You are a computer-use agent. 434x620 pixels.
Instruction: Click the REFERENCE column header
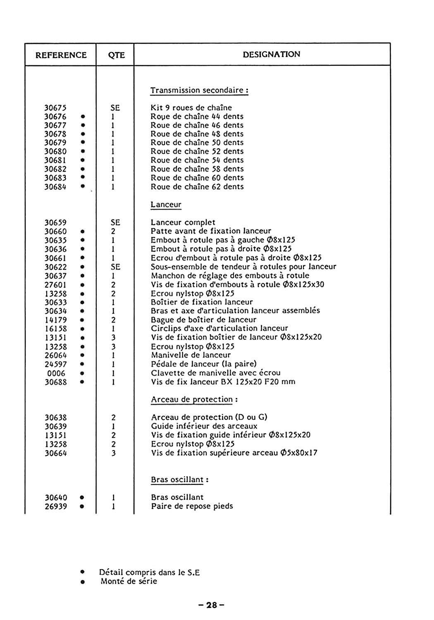pyautogui.click(x=61, y=55)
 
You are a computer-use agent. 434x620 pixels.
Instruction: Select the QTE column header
pyautogui.click(x=116, y=55)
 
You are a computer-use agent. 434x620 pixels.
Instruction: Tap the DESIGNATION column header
pyautogui.click(x=272, y=54)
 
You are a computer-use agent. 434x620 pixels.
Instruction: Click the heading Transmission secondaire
pyautogui.click(x=199, y=90)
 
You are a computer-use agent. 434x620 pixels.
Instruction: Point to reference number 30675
pyautogui.click(x=55, y=108)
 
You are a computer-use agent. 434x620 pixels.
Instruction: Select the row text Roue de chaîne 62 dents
pyautogui.click(x=197, y=186)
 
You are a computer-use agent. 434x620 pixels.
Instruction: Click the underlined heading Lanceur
pyautogui.click(x=166, y=204)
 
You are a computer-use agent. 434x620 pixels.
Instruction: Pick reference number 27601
pyautogui.click(x=55, y=285)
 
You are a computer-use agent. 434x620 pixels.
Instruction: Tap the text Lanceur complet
pyautogui.click(x=183, y=222)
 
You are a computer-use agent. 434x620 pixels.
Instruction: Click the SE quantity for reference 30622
pyautogui.click(x=115, y=267)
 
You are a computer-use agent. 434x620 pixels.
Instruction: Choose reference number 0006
pyautogui.click(x=56, y=373)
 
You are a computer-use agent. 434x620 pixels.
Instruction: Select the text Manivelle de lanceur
pyautogui.click(x=191, y=355)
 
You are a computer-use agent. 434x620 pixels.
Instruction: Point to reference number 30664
pyautogui.click(x=55, y=453)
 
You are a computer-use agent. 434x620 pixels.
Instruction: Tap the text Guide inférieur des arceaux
pyautogui.click(x=204, y=426)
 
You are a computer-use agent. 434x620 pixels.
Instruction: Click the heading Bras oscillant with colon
pyautogui.click(x=179, y=479)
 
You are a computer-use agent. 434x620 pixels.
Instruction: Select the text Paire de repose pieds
pyautogui.click(x=192, y=506)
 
